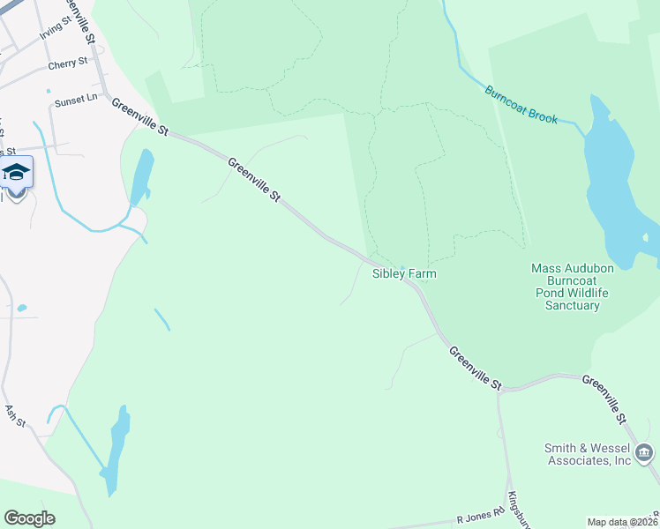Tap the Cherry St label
point(69,63)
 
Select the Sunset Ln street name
point(76,101)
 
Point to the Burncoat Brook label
point(521,104)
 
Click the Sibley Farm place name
point(404,274)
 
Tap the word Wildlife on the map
point(597,293)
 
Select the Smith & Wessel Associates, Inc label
point(587,454)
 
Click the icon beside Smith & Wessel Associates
point(645,454)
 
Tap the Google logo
point(29,518)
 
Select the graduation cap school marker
point(16,170)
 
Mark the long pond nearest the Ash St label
point(115,445)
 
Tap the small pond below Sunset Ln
point(141,176)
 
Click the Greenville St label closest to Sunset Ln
point(139,116)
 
